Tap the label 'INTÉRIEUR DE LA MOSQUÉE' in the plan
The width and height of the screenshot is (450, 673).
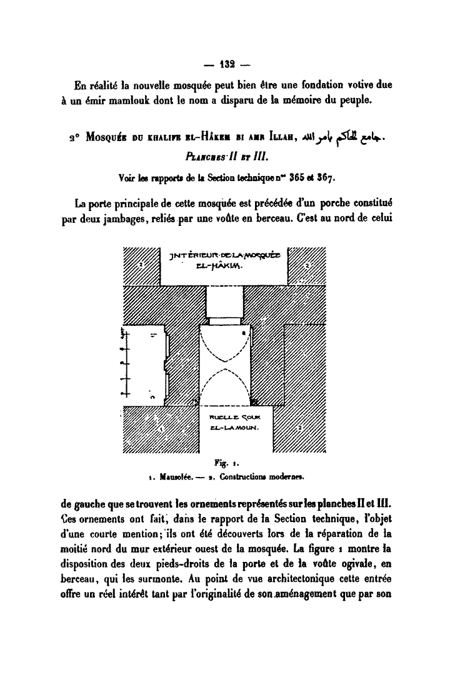tap(225, 254)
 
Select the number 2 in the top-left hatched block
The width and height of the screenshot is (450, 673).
tap(141, 265)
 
